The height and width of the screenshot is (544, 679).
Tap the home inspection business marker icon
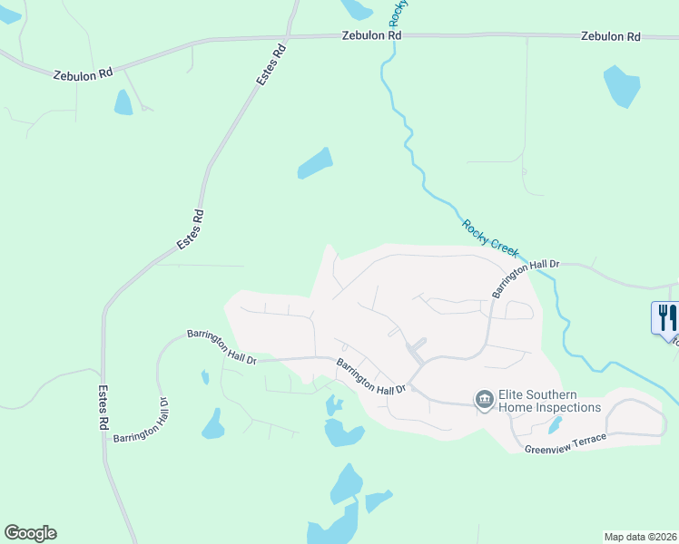coord(484,399)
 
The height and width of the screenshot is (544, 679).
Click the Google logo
coord(30,533)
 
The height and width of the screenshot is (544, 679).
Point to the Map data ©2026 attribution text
coord(640,536)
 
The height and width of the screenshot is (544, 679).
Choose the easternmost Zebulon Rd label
coord(611,36)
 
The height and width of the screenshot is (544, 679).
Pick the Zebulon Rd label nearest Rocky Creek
coord(371,35)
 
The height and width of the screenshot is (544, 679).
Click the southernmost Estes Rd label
coord(104,409)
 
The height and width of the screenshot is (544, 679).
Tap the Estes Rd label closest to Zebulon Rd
coord(271,64)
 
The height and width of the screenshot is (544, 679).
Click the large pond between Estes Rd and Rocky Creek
coord(314,163)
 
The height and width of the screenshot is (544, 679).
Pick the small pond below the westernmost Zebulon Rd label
coord(123,102)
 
